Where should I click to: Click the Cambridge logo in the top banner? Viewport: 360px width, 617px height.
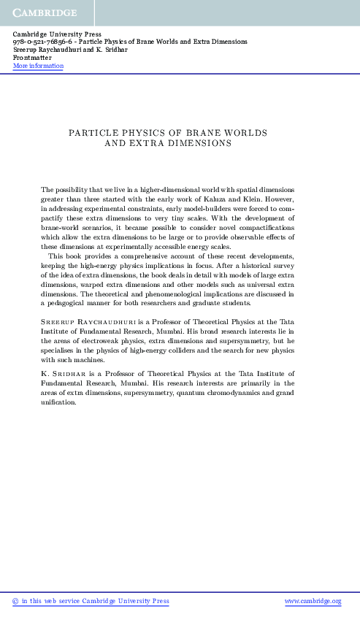pos(45,13)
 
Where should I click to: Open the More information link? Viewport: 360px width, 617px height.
pos(38,66)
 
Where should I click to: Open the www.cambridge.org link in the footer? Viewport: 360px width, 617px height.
pos(313,601)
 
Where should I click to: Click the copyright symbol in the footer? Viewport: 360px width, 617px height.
pos(16,601)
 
